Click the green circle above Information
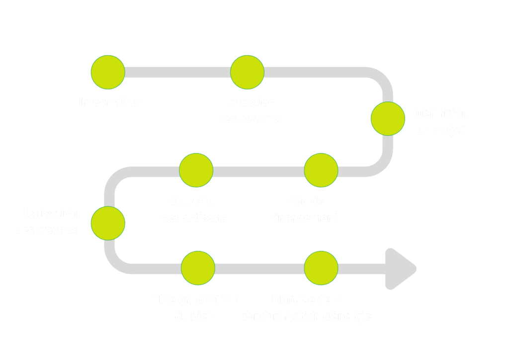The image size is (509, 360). (108, 72)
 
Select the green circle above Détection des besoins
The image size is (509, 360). (247, 72)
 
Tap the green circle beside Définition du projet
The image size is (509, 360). (388, 119)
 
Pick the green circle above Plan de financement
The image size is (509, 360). (321, 170)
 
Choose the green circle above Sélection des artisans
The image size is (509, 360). (196, 170)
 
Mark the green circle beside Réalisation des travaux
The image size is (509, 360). (108, 223)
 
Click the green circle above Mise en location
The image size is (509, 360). (198, 268)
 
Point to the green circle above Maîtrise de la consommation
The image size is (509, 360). (321, 268)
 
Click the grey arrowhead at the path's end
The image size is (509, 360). (400, 269)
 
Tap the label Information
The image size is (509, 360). (110, 102)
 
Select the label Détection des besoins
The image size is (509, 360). (249, 110)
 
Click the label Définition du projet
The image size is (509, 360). (441, 122)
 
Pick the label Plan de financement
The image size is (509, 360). (305, 209)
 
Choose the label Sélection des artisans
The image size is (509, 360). (194, 209)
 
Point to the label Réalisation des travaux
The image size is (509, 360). (48, 221)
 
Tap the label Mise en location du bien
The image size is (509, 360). (195, 308)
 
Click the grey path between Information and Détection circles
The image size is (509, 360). (177, 72)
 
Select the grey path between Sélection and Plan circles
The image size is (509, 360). (258, 172)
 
